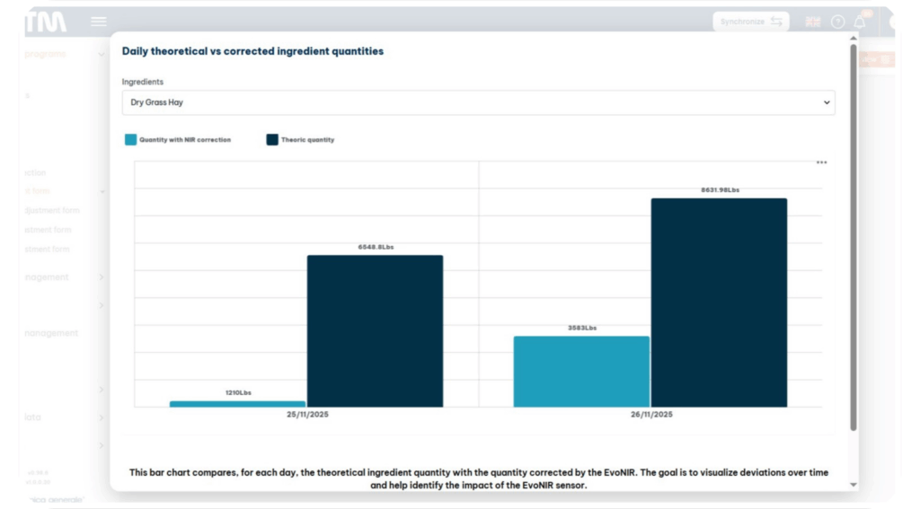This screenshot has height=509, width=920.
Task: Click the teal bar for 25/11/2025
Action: [237, 404]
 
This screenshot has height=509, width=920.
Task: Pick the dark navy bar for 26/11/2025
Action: [719, 303]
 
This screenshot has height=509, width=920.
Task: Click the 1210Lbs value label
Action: [238, 393]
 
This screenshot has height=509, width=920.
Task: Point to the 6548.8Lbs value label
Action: [376, 247]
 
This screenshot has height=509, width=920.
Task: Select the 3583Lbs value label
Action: [582, 328]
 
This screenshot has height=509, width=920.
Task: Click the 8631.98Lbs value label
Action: [720, 190]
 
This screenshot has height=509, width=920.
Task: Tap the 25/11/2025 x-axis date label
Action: [307, 415]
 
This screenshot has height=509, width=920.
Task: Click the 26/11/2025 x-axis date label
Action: [651, 415]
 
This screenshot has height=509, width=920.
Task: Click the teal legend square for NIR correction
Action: [130, 140]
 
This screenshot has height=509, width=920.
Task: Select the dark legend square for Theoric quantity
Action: [272, 140]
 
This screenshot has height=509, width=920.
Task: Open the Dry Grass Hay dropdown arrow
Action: [827, 103]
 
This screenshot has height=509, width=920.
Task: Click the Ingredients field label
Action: [143, 82]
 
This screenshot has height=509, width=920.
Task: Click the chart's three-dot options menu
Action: [821, 162]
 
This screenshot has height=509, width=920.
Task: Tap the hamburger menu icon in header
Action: [99, 22]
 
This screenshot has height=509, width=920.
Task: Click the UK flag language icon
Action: [812, 22]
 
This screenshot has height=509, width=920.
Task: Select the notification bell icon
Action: [860, 22]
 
